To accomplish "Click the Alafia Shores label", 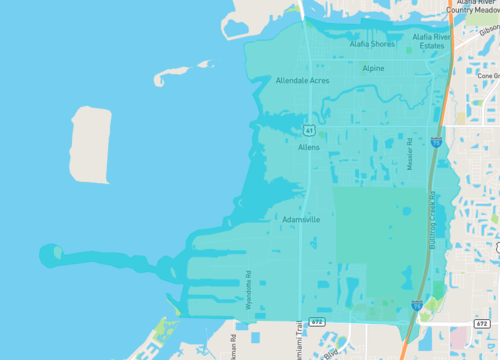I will coord(371,44).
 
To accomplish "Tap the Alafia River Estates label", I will coord(432,41).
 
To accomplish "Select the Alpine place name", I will coord(373,69).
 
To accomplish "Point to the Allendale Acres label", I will coord(302,80).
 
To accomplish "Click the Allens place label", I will coord(309,147).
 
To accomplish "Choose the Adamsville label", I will coord(301,219).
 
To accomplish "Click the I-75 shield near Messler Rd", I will coord(436,144).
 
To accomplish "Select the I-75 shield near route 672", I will coord(416,303).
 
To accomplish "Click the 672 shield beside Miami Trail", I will coord(316,323).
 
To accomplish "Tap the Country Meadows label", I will coord(471,8).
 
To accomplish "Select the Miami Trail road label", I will coord(297,340).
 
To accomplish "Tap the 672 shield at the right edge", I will coord(484,324).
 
